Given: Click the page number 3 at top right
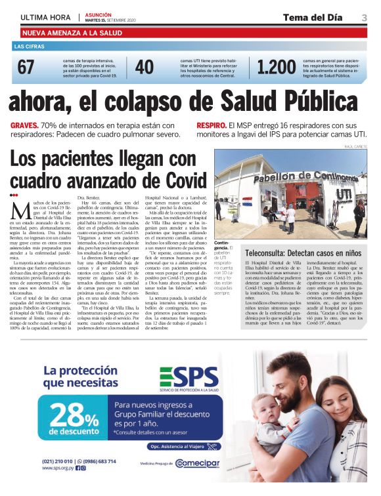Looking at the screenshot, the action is (364, 18).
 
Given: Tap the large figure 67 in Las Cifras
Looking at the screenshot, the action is (26, 67).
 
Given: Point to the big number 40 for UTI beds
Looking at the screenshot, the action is (144, 67).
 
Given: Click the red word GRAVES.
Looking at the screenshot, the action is (24, 125).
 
